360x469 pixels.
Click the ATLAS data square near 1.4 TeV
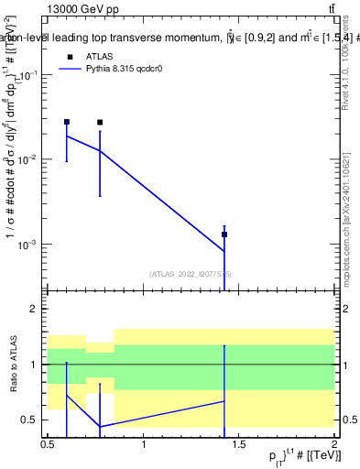click(x=224, y=234)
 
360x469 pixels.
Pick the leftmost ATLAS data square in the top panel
click(x=67, y=122)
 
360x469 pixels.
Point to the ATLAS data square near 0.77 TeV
click(x=100, y=123)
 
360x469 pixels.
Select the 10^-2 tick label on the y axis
click(x=31, y=159)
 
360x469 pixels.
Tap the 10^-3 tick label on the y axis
click(x=31, y=245)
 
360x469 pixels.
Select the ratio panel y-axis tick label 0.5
click(x=33, y=420)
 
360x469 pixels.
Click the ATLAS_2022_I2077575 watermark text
click(x=191, y=273)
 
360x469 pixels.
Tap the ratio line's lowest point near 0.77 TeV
click(x=100, y=427)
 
